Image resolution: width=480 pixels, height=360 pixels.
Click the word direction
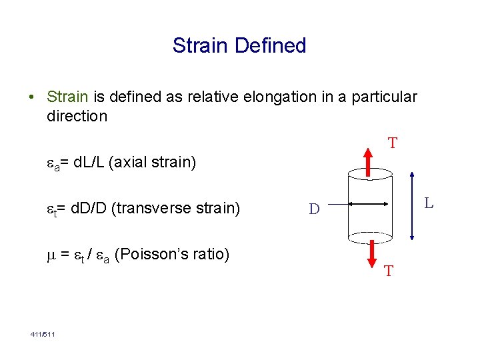pos(77,116)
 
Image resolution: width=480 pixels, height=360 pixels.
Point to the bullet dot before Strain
pos(33,97)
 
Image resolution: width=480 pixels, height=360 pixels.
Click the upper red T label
pos(393,143)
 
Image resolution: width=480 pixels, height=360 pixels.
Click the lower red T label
pos(389,271)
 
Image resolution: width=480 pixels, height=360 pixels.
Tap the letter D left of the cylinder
pos(314,210)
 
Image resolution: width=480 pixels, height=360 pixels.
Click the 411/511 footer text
pos(42,333)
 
